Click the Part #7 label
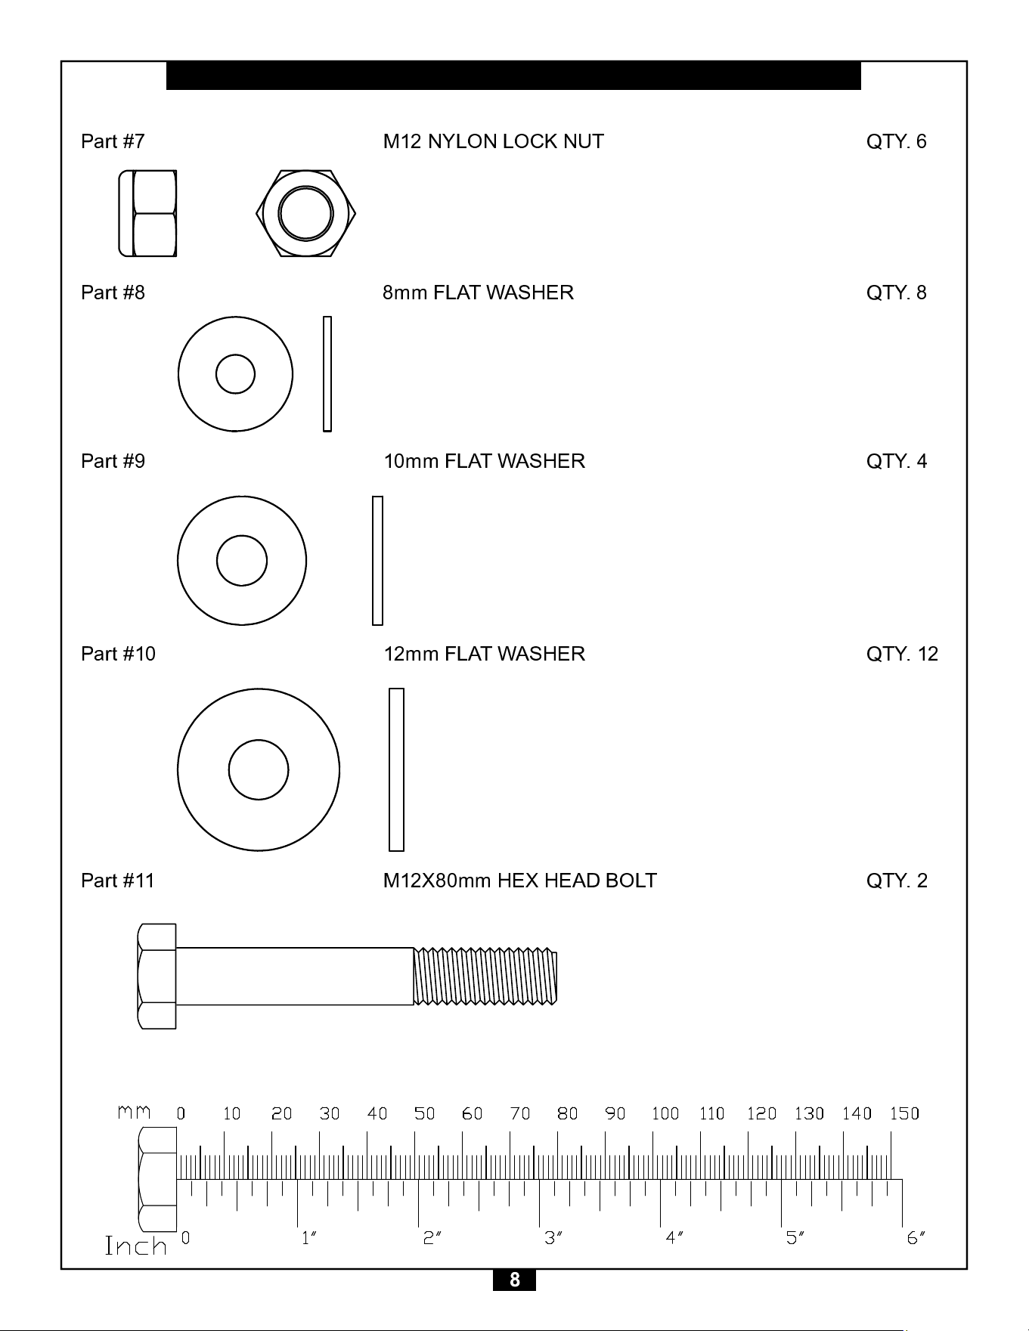point(113,141)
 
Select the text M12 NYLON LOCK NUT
point(493,141)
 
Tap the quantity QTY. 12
point(902,654)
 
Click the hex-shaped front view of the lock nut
point(306,213)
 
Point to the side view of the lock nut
point(147,213)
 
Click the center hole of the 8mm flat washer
point(235,374)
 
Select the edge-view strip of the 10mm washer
point(377,561)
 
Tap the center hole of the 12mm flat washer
point(259,769)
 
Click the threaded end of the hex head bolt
point(485,977)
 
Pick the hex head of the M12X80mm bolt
point(157,977)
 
